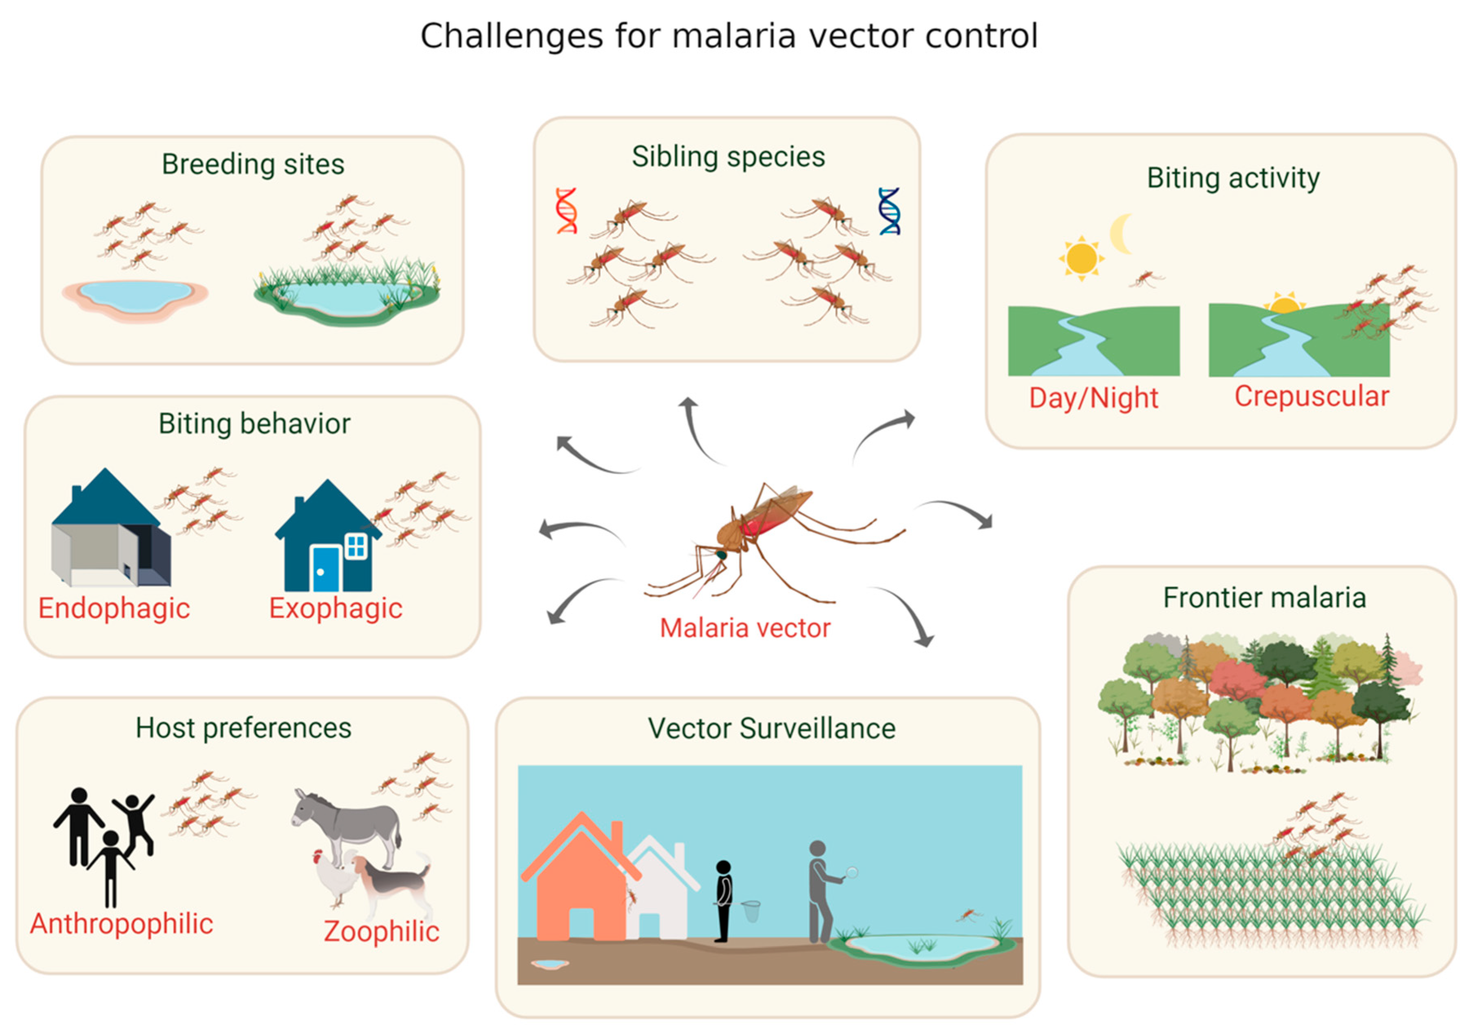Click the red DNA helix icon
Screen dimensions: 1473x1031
566,210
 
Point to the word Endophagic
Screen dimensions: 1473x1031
114,608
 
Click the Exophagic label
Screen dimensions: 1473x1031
336,608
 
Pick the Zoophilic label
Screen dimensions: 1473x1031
382,931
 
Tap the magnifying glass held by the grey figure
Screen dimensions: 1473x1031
851,872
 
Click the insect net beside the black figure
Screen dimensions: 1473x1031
751,910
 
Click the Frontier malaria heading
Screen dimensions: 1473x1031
1265,598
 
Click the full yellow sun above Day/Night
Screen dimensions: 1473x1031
1081,258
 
